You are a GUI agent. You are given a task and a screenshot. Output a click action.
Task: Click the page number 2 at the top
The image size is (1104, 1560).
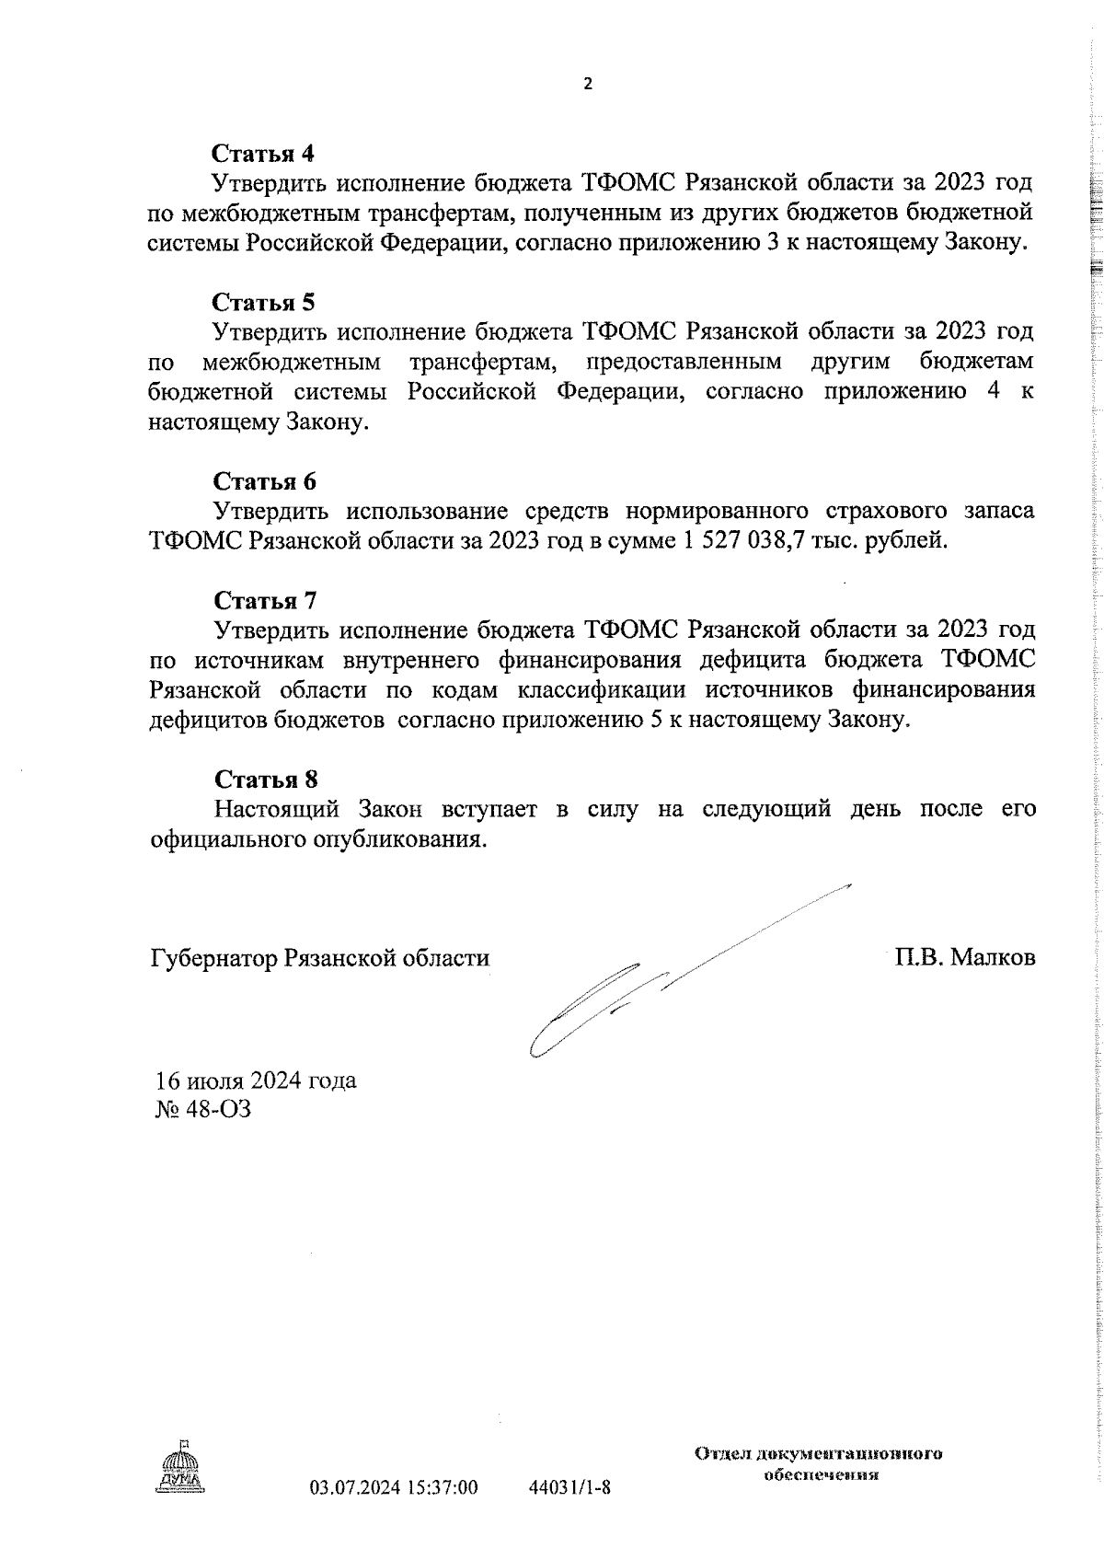pos(588,85)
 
